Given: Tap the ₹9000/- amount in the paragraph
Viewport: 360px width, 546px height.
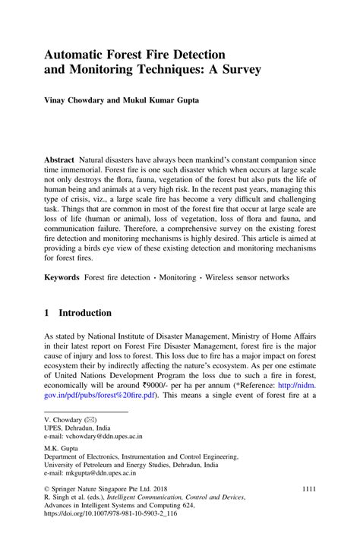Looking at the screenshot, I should [179, 385].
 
